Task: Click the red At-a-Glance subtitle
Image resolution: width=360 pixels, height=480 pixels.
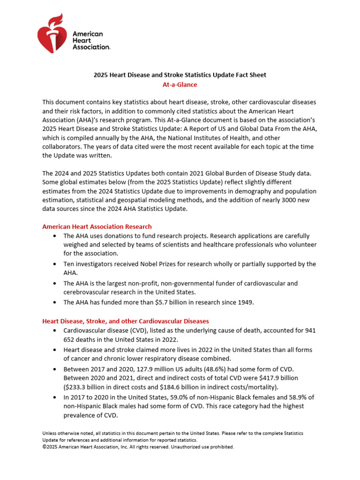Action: tap(180, 85)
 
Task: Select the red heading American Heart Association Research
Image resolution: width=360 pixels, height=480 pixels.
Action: tap(97, 226)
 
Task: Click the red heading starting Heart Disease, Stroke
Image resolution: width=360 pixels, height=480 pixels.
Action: tap(126, 321)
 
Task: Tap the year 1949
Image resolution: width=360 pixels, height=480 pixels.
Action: tap(245, 302)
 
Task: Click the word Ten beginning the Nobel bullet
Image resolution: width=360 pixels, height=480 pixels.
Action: tap(69, 264)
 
